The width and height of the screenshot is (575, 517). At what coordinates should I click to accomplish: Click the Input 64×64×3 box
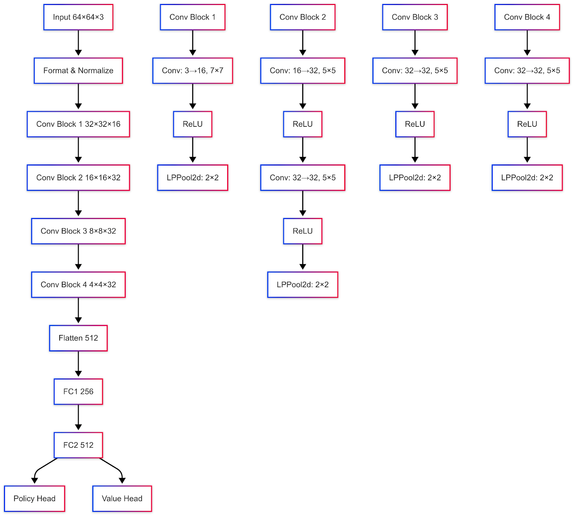pos(78,17)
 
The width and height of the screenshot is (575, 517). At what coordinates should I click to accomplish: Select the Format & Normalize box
pos(78,71)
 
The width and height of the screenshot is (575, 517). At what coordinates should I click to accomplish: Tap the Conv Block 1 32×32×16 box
pos(78,124)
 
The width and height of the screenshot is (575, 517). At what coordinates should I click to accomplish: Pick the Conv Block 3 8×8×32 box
pos(78,231)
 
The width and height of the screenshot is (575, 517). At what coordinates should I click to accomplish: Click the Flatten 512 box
pos(78,338)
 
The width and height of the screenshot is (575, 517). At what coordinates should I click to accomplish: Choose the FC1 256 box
pos(78,392)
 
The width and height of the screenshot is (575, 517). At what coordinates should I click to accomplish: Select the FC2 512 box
pos(78,445)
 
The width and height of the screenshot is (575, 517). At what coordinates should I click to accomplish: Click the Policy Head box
pos(34,499)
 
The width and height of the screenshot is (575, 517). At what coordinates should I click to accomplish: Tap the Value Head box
pos(122,499)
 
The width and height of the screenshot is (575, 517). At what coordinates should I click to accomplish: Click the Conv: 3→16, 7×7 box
pos(193,71)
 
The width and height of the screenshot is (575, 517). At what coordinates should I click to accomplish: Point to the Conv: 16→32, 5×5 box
pos(303,71)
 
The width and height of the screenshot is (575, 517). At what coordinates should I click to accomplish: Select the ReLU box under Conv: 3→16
pos(193,124)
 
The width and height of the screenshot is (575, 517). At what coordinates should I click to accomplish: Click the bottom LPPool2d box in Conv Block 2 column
pos(303,285)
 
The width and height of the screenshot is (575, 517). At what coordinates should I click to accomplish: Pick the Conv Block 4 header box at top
pos(527,17)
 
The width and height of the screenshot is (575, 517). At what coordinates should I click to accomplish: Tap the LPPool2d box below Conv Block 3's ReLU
pos(415,178)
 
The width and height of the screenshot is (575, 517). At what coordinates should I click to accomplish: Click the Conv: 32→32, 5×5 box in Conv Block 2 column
pos(303,178)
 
